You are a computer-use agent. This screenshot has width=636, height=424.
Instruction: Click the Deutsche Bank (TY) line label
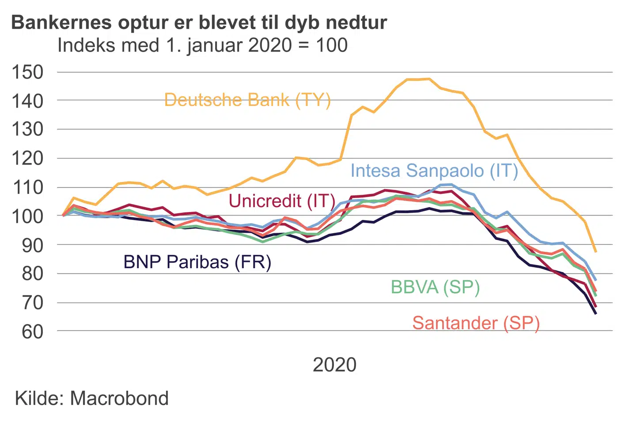click(x=247, y=100)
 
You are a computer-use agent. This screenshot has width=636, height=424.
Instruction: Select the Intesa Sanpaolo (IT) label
click(x=434, y=171)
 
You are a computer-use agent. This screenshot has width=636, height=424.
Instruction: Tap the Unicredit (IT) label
click(x=282, y=201)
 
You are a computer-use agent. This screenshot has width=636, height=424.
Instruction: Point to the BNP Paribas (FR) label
click(x=197, y=262)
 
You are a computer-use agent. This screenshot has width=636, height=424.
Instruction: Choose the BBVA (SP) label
click(x=435, y=287)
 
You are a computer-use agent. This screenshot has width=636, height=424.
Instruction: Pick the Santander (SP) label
click(x=476, y=323)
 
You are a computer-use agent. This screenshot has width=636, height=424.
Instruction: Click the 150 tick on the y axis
click(x=27, y=72)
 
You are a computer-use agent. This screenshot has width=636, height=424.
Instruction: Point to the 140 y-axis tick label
click(x=27, y=101)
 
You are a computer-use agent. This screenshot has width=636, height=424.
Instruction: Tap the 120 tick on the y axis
click(x=27, y=158)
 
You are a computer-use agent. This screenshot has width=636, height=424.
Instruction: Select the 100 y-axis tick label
click(x=27, y=216)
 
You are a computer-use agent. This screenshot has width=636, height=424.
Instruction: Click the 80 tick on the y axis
click(x=32, y=273)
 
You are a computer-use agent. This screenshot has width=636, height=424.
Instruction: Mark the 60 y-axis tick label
click(x=32, y=331)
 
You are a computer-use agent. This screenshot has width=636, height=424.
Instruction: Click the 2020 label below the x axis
click(x=334, y=365)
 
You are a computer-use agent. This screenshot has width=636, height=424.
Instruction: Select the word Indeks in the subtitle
click(x=83, y=45)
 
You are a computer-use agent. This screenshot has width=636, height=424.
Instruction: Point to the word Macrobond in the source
click(x=119, y=398)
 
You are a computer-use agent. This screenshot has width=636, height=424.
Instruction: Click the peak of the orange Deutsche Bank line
click(x=429, y=79)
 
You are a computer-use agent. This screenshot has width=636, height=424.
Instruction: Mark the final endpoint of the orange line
click(x=596, y=251)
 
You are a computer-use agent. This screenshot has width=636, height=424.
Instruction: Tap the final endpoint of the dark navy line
click(x=596, y=314)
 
